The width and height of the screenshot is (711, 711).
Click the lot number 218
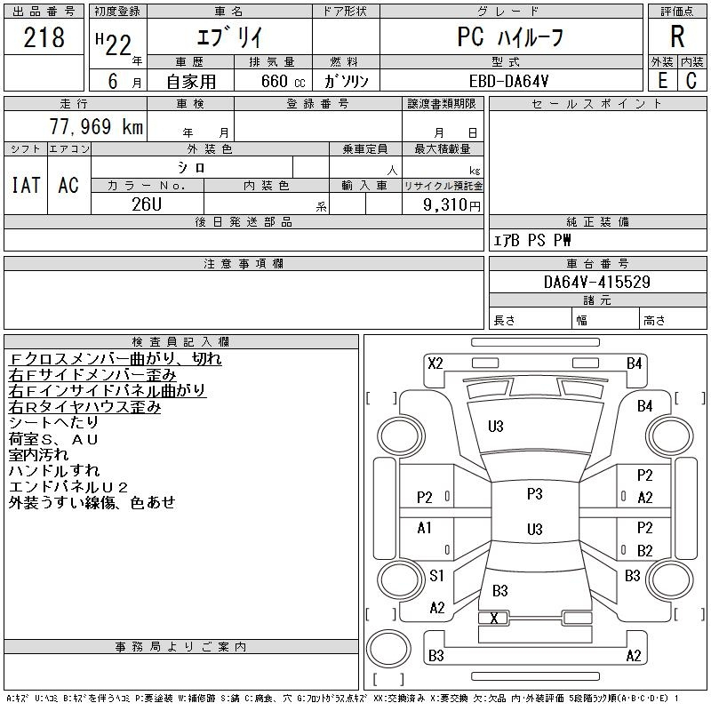click(44, 37)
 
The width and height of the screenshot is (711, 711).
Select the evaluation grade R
click(677, 36)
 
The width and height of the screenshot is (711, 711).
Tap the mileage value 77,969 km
click(96, 126)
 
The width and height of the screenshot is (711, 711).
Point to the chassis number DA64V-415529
click(597, 282)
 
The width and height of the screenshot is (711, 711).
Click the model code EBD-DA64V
click(508, 81)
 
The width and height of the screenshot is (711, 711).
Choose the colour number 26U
click(147, 204)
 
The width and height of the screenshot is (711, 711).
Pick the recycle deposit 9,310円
click(451, 204)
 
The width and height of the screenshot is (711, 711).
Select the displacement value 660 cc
click(283, 81)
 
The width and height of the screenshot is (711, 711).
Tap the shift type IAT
click(26, 185)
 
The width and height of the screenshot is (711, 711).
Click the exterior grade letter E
click(662, 81)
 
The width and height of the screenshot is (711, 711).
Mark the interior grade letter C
click(691, 81)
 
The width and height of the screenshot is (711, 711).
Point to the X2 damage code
click(435, 363)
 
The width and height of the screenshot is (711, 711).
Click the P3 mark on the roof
click(535, 493)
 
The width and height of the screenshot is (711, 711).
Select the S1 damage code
click(436, 575)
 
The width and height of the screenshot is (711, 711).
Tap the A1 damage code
click(424, 528)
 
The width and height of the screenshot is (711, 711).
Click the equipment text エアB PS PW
click(531, 240)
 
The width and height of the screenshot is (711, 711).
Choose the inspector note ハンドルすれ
click(54, 471)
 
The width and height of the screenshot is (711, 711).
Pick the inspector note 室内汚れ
click(38, 455)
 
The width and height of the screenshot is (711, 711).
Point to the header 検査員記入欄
click(180, 341)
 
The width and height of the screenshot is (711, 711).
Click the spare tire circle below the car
click(388, 648)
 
